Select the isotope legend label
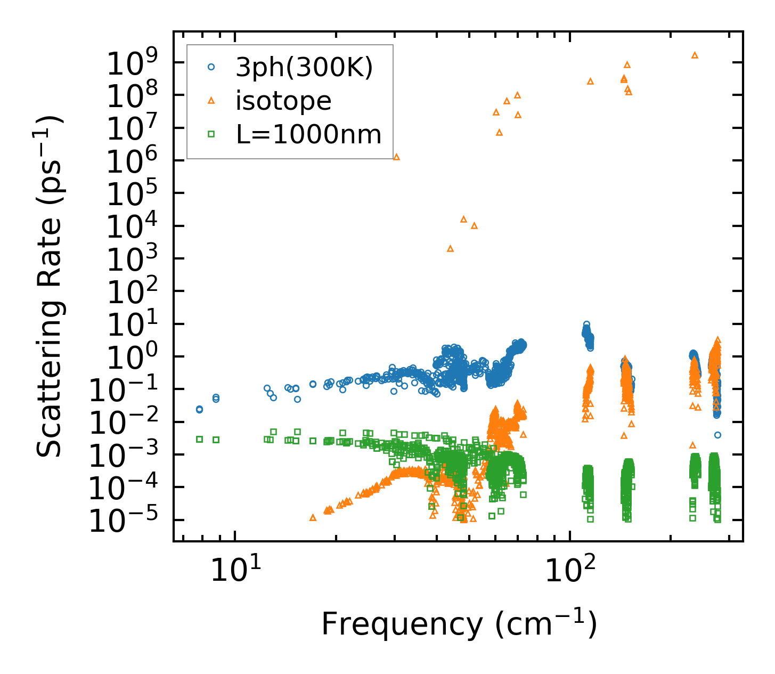(283, 101)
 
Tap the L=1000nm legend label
(309, 134)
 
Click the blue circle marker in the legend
(211, 67)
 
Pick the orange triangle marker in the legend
(211, 100)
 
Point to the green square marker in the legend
(211, 134)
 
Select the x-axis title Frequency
(459, 624)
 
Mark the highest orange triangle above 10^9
(695, 55)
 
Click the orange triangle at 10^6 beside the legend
(396, 157)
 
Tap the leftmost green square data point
(199, 439)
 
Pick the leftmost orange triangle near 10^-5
(313, 517)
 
